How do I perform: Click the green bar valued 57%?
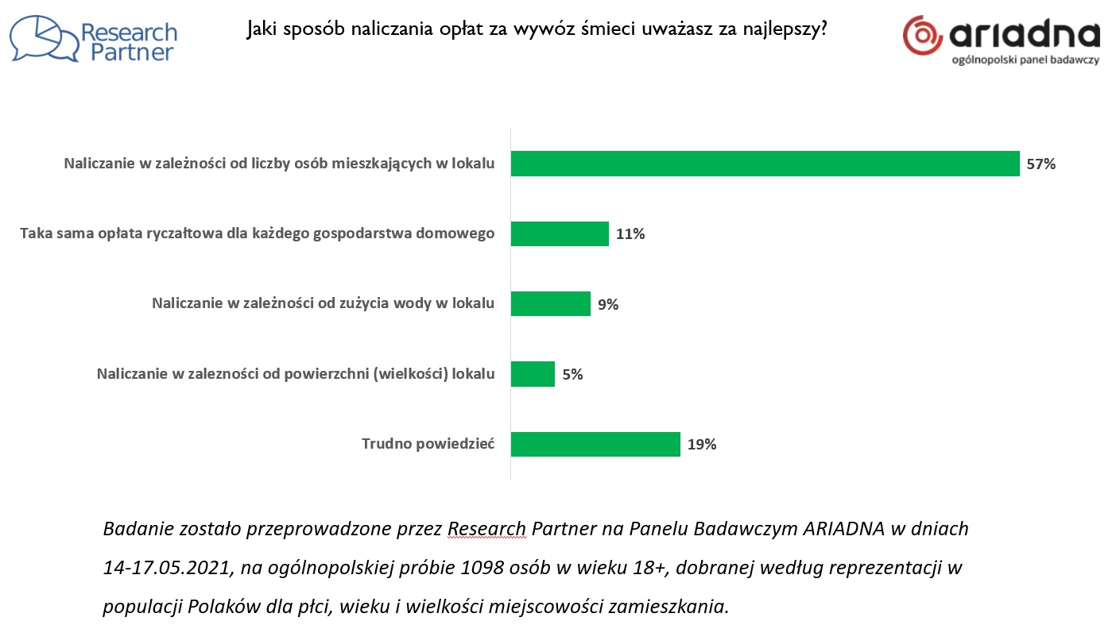click(x=765, y=164)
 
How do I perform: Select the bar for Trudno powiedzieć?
click(x=595, y=444)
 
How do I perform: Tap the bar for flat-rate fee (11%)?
click(x=560, y=233)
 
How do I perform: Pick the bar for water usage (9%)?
click(x=550, y=303)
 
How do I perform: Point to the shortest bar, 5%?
click(x=533, y=374)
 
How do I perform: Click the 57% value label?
click(x=1041, y=164)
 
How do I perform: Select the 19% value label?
click(x=702, y=445)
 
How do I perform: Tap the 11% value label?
click(x=630, y=234)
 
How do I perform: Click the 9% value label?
click(x=608, y=304)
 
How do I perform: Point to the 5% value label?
click(x=572, y=375)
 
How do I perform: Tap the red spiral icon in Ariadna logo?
click(x=923, y=36)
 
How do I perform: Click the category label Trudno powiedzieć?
click(x=428, y=444)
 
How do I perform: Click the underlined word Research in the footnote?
click(x=486, y=529)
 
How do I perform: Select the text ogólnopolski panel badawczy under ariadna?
click(x=1025, y=60)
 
